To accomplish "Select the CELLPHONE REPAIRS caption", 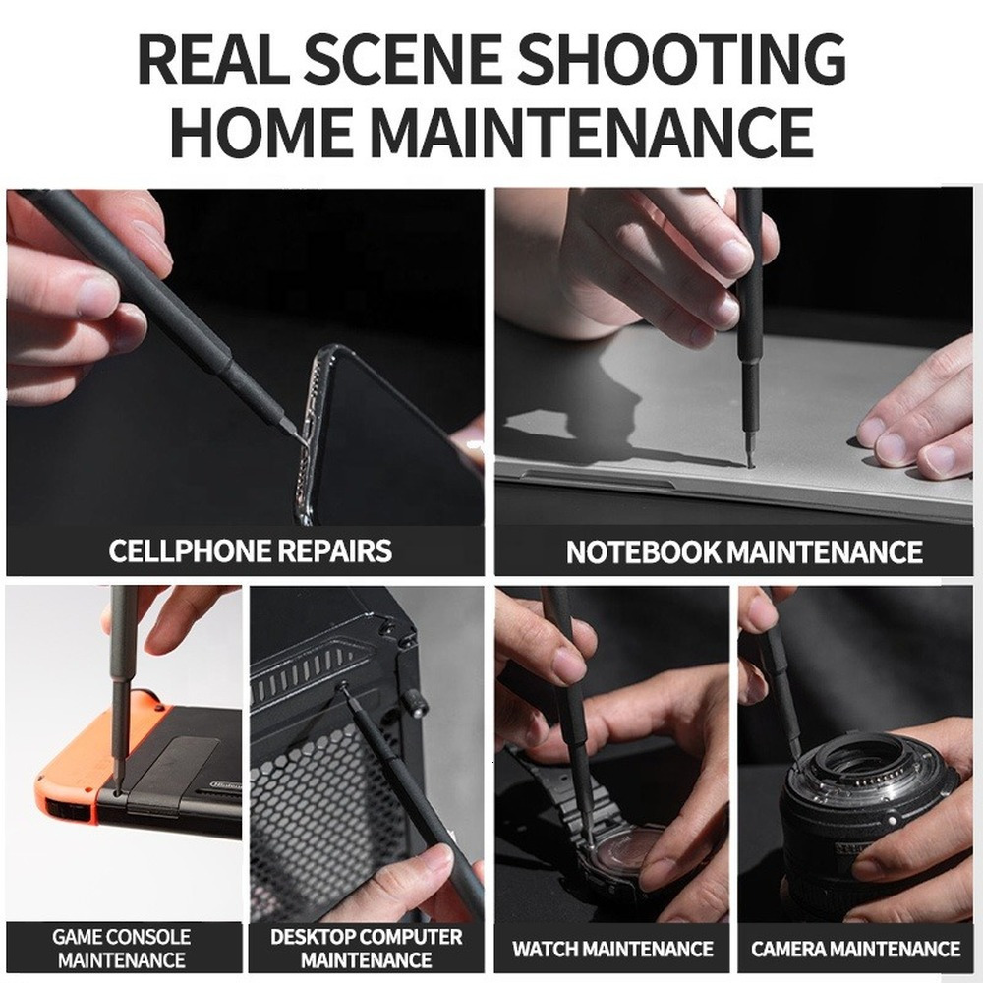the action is (250, 550).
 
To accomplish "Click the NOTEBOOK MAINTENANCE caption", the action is (744, 551).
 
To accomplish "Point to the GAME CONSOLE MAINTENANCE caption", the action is (122, 948).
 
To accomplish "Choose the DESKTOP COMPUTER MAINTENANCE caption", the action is (366, 948).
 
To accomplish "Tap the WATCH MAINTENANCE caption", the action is (612, 949).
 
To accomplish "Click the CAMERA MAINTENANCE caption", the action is (856, 949).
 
